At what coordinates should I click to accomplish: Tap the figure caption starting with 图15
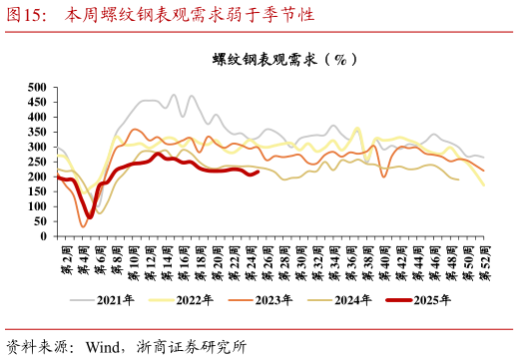point(160,15)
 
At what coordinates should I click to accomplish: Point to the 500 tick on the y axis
point(38,88)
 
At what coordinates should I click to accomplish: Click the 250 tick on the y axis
point(38,163)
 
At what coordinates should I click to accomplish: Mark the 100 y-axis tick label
point(38,207)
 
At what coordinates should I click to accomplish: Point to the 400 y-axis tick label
point(38,118)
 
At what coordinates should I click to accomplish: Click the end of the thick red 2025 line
point(258,172)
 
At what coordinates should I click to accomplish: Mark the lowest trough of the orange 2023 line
point(84,226)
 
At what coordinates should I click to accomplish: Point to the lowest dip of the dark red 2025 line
point(90,216)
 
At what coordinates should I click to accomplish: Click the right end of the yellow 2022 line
point(484,185)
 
